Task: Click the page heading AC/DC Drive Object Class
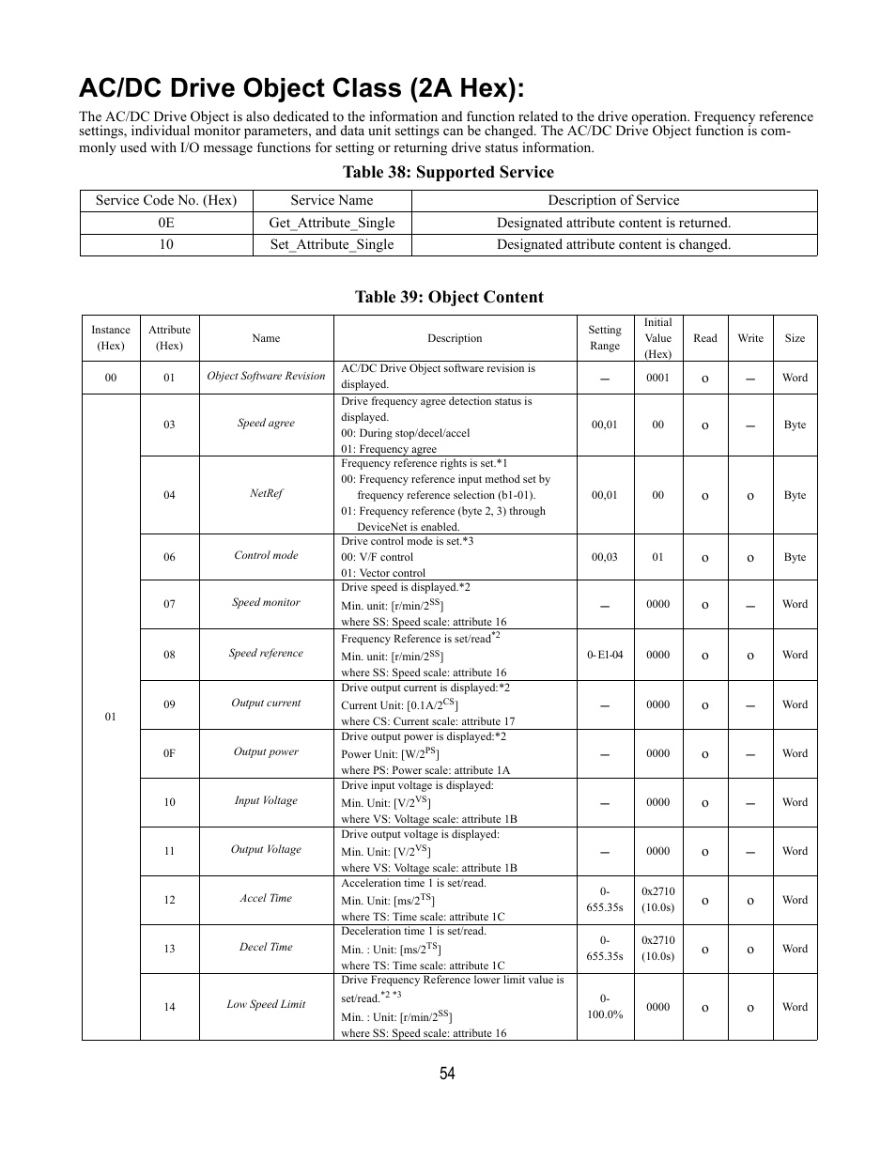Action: tap(301, 88)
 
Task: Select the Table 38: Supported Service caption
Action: tap(448, 172)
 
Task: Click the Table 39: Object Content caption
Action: tap(448, 297)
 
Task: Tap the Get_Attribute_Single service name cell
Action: tap(332, 223)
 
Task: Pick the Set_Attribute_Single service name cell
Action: tap(332, 244)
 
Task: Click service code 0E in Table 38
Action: tap(166, 223)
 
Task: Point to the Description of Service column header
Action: tap(613, 200)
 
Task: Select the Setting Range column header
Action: tap(605, 338)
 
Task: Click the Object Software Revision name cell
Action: tap(266, 376)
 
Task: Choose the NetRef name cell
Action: tap(266, 493)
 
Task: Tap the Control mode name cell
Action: tap(266, 555)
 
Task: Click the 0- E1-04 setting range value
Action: tap(605, 655)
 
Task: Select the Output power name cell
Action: tap(266, 751)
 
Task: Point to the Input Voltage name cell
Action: tap(266, 800)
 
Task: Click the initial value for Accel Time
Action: tap(657, 899)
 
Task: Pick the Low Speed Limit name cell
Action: tap(266, 1004)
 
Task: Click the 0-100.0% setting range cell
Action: tap(605, 1006)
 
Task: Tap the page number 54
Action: tap(447, 1074)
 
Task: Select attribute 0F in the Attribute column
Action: tap(169, 753)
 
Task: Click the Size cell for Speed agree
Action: tap(795, 425)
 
